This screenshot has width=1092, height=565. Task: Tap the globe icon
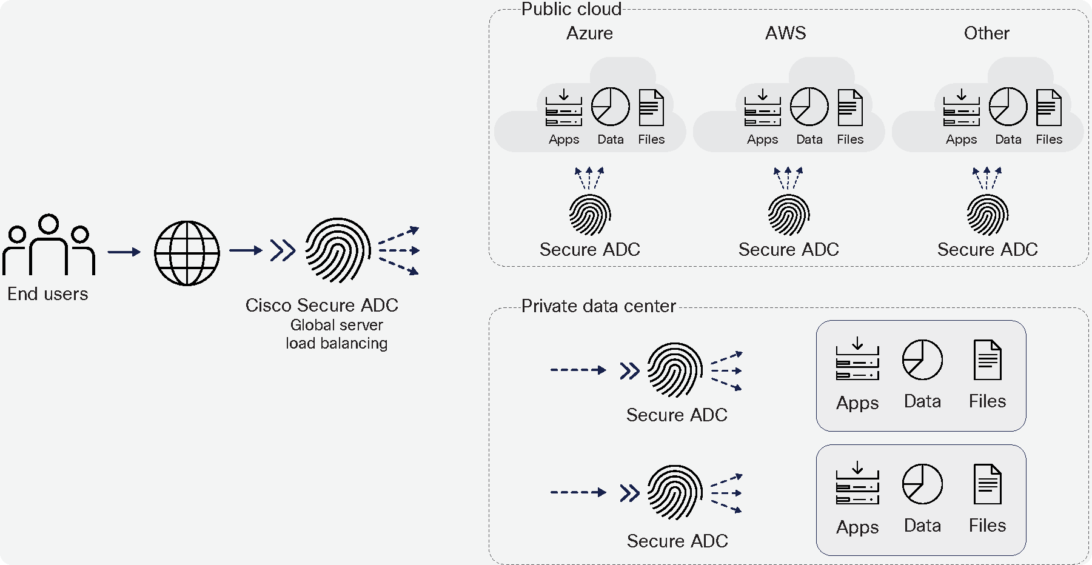[x=187, y=253]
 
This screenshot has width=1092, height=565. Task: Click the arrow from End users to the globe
[x=124, y=252]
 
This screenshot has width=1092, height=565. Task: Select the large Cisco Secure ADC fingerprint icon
[x=338, y=250]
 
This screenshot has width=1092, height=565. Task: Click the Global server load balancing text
[x=337, y=334]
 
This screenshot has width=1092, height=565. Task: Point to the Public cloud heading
[x=571, y=9]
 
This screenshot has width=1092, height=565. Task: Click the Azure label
[x=589, y=33]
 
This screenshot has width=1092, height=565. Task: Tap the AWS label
[x=785, y=33]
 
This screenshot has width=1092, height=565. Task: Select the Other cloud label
[x=986, y=33]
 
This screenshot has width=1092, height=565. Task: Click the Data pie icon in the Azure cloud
[x=610, y=107]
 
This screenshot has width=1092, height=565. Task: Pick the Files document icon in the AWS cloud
[x=850, y=108]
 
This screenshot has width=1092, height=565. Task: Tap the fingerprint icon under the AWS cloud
[x=788, y=215]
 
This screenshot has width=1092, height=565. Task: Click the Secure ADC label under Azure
[x=589, y=250]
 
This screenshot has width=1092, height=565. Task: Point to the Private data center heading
[x=598, y=306]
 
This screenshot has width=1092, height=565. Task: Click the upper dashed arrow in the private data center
[x=578, y=370]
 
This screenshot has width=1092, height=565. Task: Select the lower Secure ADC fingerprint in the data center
[x=675, y=492]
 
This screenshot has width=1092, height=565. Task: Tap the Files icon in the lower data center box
[x=987, y=484]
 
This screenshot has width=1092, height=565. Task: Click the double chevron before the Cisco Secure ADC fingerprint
[x=283, y=250]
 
